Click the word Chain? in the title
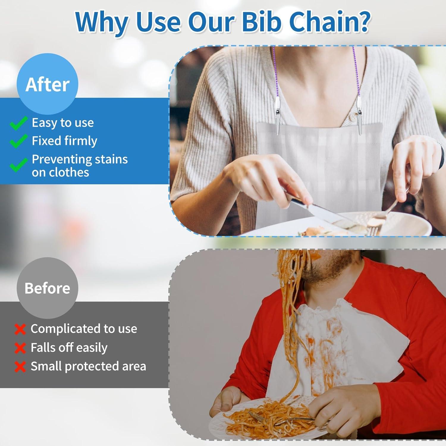pos(329,22)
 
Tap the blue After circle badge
pos(48,84)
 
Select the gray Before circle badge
pos(48,288)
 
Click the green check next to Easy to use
pos(19,123)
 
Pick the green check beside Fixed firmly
pos(19,141)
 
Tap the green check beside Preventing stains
pos(19,164)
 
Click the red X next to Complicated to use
pos(20,329)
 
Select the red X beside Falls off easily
pos(20,348)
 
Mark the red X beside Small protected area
pos(20,367)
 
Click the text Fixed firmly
pos(65,141)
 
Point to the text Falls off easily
pos(69,348)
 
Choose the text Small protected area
pos(89,366)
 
